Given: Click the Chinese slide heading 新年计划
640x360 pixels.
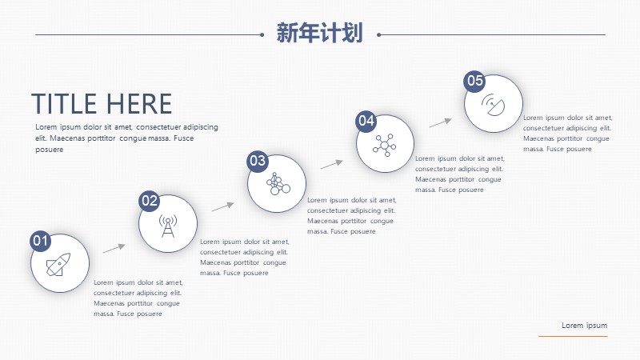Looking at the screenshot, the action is pyautogui.click(x=319, y=33).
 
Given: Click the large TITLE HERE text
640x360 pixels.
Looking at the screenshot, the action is pyautogui.click(x=102, y=104).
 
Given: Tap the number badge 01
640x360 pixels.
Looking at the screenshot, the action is pyautogui.click(x=41, y=241).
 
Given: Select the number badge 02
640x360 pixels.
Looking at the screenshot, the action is pyautogui.click(x=149, y=201).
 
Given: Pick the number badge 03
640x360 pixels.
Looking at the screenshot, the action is pyautogui.click(x=258, y=161).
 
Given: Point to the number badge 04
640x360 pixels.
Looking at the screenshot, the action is pyautogui.click(x=366, y=121).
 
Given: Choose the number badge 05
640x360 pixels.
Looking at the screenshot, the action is pyautogui.click(x=474, y=81).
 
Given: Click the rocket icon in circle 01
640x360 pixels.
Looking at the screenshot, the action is pyautogui.click(x=58, y=265).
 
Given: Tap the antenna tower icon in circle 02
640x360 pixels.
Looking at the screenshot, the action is pyautogui.click(x=168, y=226).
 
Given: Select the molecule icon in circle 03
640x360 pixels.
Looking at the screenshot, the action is pyautogui.click(x=278, y=184).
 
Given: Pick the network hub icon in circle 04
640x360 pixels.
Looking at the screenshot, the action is pyautogui.click(x=385, y=145).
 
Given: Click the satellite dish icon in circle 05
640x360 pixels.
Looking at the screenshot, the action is pyautogui.click(x=493, y=105).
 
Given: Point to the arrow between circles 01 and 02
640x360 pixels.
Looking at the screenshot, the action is pyautogui.click(x=114, y=248).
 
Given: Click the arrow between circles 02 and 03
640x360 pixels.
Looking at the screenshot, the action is pyautogui.click(x=223, y=206).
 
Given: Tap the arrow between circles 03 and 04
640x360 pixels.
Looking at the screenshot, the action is pyautogui.click(x=331, y=164).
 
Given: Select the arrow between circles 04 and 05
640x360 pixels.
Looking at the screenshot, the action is pyautogui.click(x=441, y=122).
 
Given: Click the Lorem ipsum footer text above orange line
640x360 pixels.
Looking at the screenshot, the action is pyautogui.click(x=584, y=326).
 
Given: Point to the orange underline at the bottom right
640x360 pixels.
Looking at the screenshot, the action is pyautogui.click(x=573, y=336).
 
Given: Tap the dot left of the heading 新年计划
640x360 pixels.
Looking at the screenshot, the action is pyautogui.click(x=262, y=34).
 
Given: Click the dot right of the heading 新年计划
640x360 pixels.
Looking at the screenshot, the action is pyautogui.click(x=378, y=34).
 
